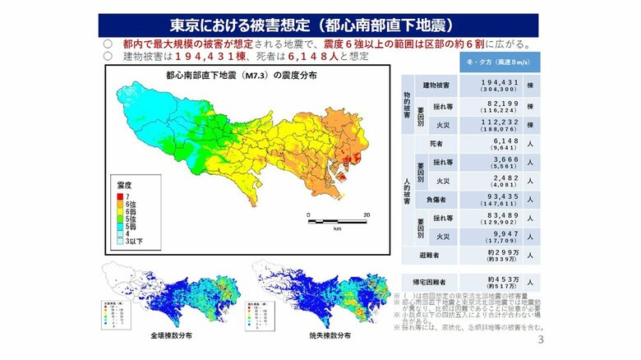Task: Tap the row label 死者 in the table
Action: (x=437, y=143)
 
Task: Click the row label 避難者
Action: (x=430, y=256)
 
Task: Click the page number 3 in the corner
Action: (x=540, y=341)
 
